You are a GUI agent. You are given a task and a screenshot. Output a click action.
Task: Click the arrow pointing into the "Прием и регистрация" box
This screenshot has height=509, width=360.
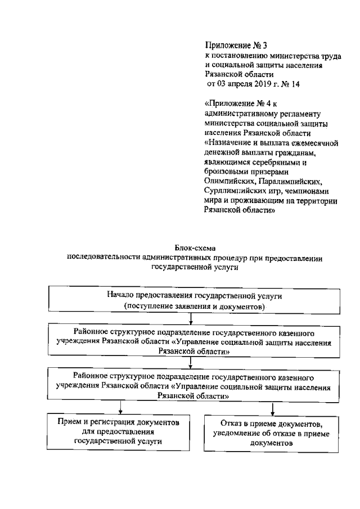click(x=119, y=407)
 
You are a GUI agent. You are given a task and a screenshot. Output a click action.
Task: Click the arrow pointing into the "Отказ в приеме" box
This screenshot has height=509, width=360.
click(x=272, y=407)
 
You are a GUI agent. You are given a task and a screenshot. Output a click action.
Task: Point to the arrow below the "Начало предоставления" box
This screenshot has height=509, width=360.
click(x=192, y=319)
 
